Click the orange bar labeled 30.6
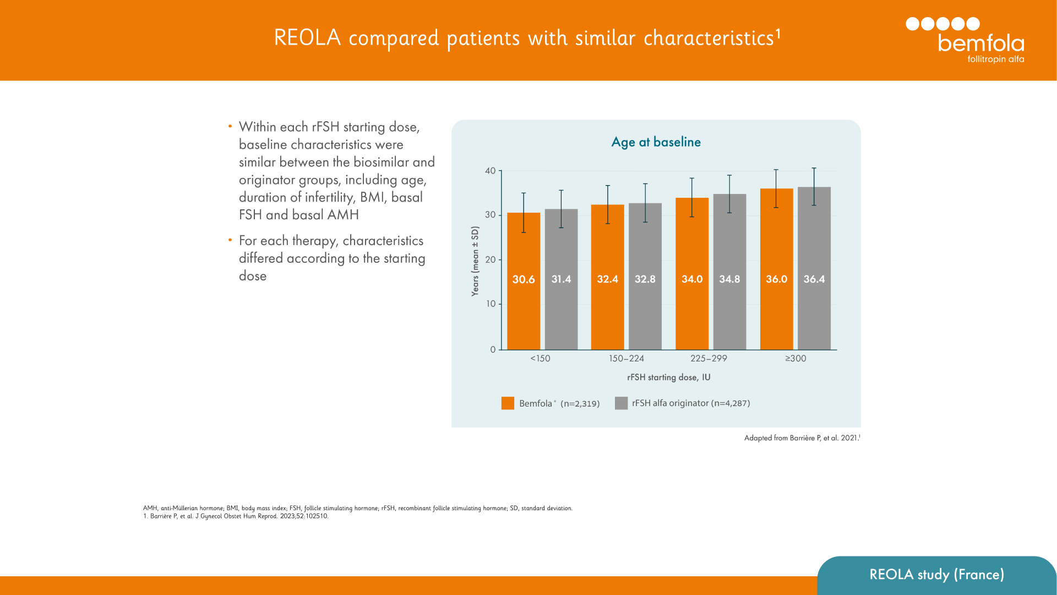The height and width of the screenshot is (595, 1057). pyautogui.click(x=524, y=309)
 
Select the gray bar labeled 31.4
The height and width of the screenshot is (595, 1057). pyautogui.click(x=561, y=309)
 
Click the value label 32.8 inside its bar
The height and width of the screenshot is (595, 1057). pyautogui.click(x=645, y=279)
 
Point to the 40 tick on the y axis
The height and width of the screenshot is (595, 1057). pyautogui.click(x=490, y=171)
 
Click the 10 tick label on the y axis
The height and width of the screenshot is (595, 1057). pyautogui.click(x=490, y=304)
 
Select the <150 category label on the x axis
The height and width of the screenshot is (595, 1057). pyautogui.click(x=540, y=359)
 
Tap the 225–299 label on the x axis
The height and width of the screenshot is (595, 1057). pyautogui.click(x=709, y=359)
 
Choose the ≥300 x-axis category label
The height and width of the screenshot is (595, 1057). pyautogui.click(x=796, y=359)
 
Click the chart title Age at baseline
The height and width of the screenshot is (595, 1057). pyautogui.click(x=656, y=142)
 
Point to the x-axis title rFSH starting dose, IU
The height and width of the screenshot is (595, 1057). pyautogui.click(x=668, y=377)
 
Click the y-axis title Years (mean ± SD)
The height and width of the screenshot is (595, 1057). pyautogui.click(x=475, y=261)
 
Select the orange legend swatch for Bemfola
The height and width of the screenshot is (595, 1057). pyautogui.click(x=508, y=403)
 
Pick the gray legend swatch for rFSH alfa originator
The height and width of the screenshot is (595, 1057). pyautogui.click(x=621, y=403)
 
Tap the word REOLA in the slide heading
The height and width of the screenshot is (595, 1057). pyautogui.click(x=307, y=38)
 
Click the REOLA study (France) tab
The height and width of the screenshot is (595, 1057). pyautogui.click(x=936, y=575)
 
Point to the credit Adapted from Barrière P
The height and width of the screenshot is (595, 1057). pyautogui.click(x=802, y=438)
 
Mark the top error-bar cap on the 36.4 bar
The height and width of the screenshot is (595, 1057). pyautogui.click(x=814, y=169)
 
